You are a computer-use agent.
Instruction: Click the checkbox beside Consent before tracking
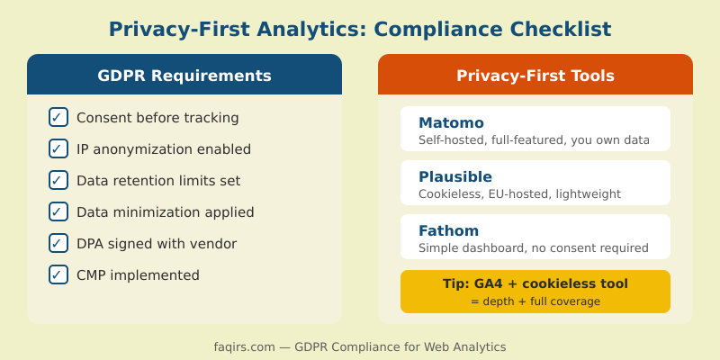tap(58, 117)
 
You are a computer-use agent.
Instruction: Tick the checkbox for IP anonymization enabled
tap(58, 148)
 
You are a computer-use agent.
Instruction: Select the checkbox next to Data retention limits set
tap(58, 180)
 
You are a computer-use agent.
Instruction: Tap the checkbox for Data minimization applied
tap(58, 211)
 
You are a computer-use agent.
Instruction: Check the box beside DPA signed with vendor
tap(58, 243)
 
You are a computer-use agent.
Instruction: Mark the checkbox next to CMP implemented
tap(58, 274)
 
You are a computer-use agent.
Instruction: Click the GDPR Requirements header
tap(184, 76)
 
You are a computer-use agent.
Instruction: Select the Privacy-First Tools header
tap(535, 76)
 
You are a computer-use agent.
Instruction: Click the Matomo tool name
tap(451, 122)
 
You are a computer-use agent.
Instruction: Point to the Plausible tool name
tap(455, 176)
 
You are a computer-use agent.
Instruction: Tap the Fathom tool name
tap(449, 230)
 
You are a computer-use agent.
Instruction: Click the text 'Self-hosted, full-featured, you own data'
tap(534, 140)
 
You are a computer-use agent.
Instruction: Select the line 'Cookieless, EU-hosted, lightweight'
tap(519, 194)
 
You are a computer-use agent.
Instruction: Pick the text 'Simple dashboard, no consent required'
tap(534, 248)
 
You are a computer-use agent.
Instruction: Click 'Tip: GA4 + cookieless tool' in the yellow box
tap(535, 283)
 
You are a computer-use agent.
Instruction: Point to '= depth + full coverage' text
tap(535, 301)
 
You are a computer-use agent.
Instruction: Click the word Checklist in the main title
tap(555, 29)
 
